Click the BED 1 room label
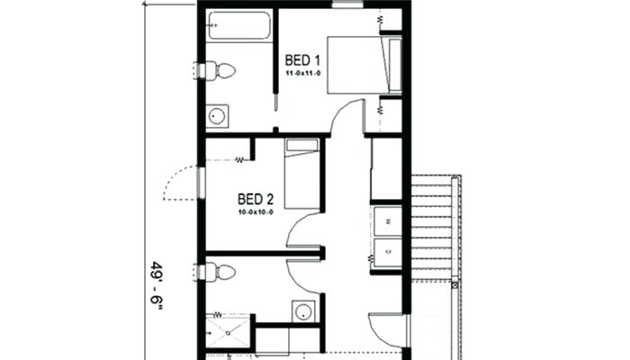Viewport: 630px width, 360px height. pyautogui.click(x=302, y=60)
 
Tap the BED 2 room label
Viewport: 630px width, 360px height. pyautogui.click(x=256, y=199)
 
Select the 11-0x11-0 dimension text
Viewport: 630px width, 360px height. pyautogui.click(x=303, y=73)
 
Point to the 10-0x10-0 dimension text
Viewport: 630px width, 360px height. pyautogui.click(x=256, y=211)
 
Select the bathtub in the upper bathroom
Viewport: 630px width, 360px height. pyautogui.click(x=239, y=25)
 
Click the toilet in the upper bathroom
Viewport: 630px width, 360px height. pyautogui.click(x=220, y=71)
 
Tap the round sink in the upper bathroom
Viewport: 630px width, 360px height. pyautogui.click(x=218, y=116)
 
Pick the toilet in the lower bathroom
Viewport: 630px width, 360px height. pyautogui.click(x=220, y=273)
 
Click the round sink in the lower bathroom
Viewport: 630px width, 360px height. pyautogui.click(x=302, y=311)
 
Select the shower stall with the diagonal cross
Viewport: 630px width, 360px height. pyautogui.click(x=228, y=333)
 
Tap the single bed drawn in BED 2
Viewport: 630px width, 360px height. pyautogui.click(x=301, y=174)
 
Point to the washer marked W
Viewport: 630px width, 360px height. pyautogui.click(x=388, y=221)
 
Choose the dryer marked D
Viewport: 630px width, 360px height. pyautogui.click(x=388, y=252)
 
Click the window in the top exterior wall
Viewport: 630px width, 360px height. pyautogui.click(x=348, y=4)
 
